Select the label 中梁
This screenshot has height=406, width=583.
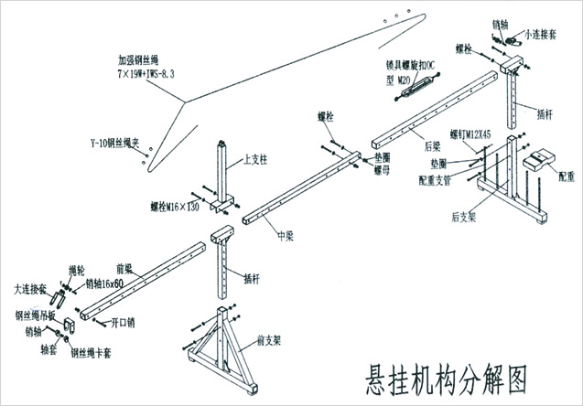click(285, 235)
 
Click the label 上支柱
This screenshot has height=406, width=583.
click(255, 159)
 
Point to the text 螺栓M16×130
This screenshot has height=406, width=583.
click(175, 208)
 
